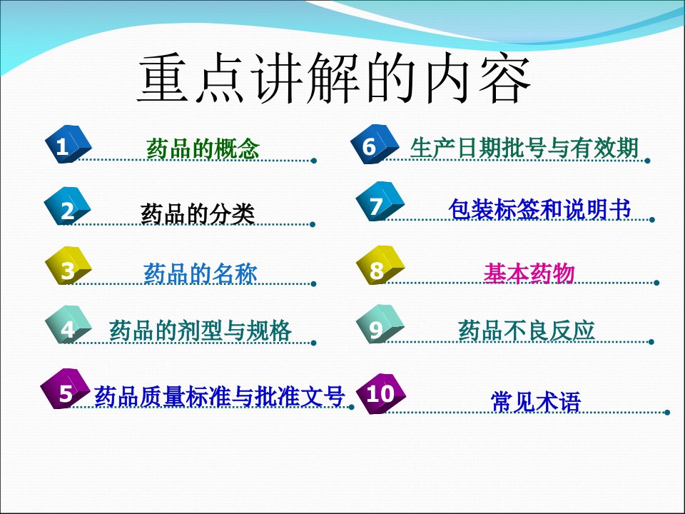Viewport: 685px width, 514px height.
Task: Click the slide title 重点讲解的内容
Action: pyautogui.click(x=334, y=79)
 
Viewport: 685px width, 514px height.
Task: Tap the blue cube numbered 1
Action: pyautogui.click(x=68, y=144)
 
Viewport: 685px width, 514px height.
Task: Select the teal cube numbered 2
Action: pyautogui.click(x=67, y=206)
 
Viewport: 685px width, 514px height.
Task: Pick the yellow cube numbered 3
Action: pyautogui.click(x=68, y=266)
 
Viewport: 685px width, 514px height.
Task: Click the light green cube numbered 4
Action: pyautogui.click(x=68, y=324)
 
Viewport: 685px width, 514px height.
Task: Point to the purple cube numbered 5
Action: pyautogui.click(x=65, y=388)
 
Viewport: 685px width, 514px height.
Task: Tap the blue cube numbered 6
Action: pyautogui.click(x=375, y=144)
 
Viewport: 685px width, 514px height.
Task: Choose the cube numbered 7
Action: pyautogui.click(x=380, y=201)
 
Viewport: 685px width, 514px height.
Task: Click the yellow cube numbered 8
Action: pyautogui.click(x=380, y=266)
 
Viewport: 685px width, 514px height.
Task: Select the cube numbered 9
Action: pyautogui.click(x=380, y=324)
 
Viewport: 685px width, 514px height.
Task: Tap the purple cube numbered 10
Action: pyautogui.click(x=381, y=393)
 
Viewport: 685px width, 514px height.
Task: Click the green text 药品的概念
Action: pyautogui.click(x=203, y=148)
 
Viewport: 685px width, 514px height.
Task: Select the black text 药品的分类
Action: pyautogui.click(x=198, y=213)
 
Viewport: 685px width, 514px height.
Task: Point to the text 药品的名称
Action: pyautogui.click(x=200, y=273)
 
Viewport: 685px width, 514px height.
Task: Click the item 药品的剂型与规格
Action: pyautogui.click(x=200, y=330)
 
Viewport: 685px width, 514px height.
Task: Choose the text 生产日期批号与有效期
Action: pyautogui.click(x=524, y=148)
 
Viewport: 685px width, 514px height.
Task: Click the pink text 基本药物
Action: pyautogui.click(x=529, y=273)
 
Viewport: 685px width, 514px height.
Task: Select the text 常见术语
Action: pyautogui.click(x=536, y=401)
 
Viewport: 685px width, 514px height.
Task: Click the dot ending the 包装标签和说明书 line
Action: pyautogui.click(x=652, y=219)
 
